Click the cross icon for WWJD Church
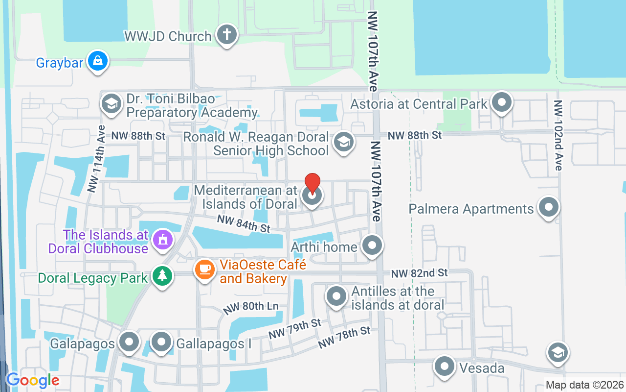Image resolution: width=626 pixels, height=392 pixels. pos(227,34)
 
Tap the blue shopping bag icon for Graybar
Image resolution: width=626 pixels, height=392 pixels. pos(98,61)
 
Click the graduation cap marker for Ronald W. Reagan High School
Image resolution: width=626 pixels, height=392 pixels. pos(343,142)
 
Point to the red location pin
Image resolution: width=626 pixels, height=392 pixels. pos(312,183)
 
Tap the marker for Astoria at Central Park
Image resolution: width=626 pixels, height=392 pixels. pos(501,102)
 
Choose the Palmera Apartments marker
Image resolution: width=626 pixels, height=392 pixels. pos(548,207)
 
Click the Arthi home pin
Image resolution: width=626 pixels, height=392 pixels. pos(373,245)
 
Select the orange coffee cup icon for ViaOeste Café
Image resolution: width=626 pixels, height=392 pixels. pos(205,269)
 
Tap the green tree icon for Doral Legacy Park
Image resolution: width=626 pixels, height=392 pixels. pos(162,276)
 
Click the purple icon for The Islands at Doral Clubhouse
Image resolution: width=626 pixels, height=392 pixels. pos(162,240)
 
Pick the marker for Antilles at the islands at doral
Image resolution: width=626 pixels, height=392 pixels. pos(336,296)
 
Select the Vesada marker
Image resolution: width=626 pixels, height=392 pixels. pos(445,366)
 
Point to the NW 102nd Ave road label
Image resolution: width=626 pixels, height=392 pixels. pos(559,135)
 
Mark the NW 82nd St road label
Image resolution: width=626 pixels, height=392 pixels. pos(419,272)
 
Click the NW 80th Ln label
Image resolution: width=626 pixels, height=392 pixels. pos(250,308)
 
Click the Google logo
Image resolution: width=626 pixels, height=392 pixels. pos(33,380)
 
